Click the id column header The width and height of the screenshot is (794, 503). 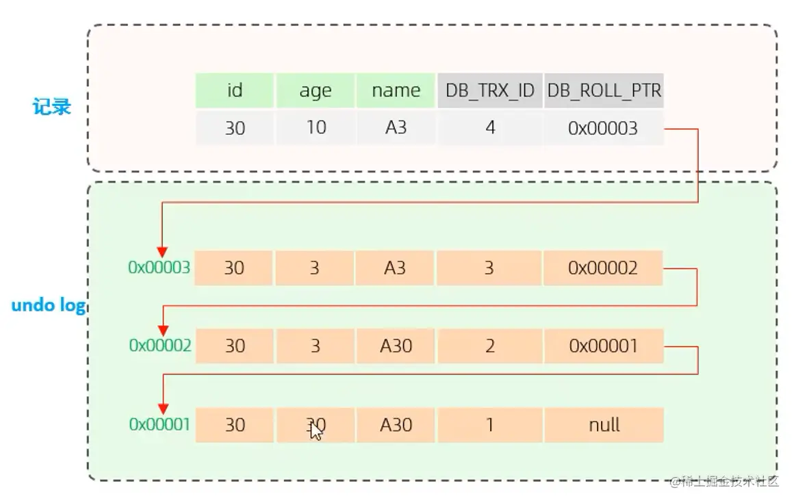(234, 90)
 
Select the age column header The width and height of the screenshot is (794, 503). (315, 90)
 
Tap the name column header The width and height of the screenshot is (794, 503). (396, 90)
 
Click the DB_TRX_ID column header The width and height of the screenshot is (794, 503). (489, 90)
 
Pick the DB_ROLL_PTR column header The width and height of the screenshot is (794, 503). (604, 90)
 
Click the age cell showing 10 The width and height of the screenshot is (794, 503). (315, 128)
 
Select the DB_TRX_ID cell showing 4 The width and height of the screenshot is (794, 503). (489, 128)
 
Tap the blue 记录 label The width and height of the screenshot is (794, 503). (52, 107)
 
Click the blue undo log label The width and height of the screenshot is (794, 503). (48, 305)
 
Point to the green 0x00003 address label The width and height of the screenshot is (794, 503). (159, 268)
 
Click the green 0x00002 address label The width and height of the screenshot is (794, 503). (159, 346)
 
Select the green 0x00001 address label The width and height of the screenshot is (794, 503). (159, 424)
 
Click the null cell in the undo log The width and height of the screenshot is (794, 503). (604, 425)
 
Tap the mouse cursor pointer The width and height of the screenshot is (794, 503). (316, 431)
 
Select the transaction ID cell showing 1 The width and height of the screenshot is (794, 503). (489, 425)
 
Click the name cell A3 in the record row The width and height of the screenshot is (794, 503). (396, 128)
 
